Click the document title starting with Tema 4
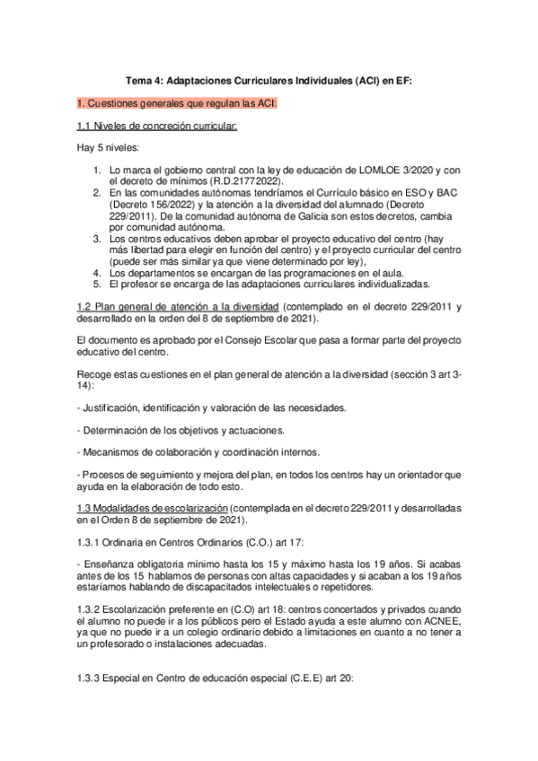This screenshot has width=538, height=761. pyautogui.click(x=269, y=81)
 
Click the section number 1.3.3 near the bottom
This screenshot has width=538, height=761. pyautogui.click(x=92, y=679)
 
